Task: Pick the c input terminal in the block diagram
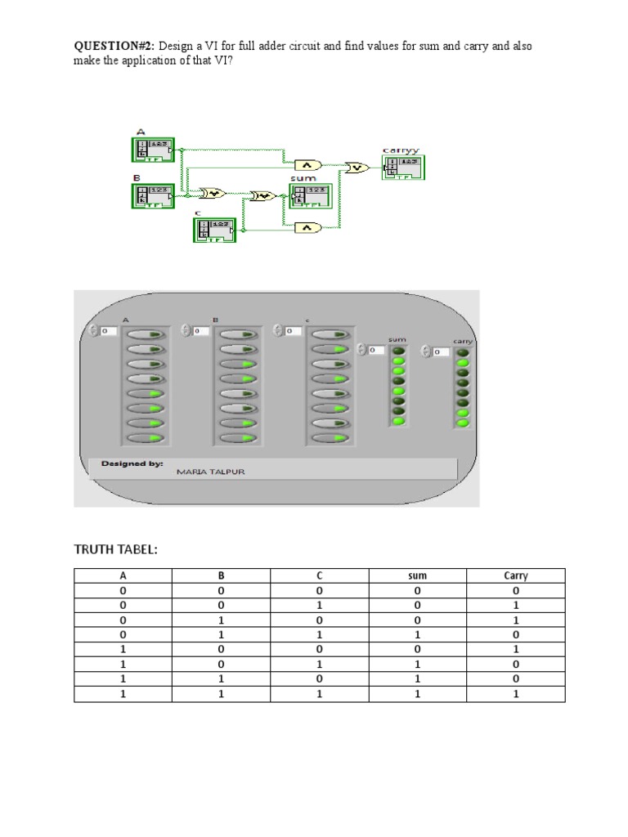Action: coord(214,231)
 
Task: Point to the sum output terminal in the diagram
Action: coord(312,196)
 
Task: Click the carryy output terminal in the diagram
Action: coord(403,167)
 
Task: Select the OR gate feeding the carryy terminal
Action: coord(357,167)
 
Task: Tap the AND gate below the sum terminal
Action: coord(308,228)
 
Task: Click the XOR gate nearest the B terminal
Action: coord(213,194)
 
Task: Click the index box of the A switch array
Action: coord(110,330)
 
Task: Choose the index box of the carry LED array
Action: coord(441,351)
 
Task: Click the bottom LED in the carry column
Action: coord(463,423)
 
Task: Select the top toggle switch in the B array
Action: coord(238,334)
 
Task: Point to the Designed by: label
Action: coord(132,463)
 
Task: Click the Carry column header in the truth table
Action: coord(515,575)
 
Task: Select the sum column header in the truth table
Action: coord(417,575)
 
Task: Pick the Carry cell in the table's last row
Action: coord(515,694)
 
